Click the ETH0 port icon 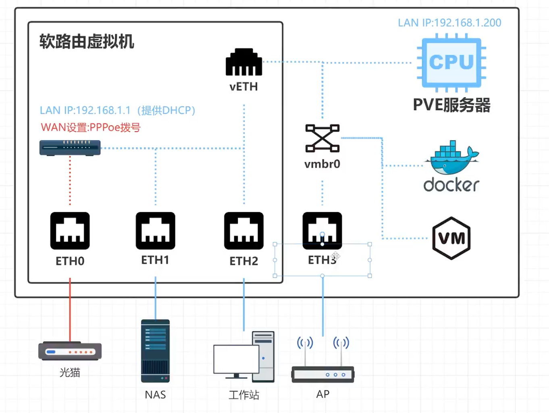coord(70,231)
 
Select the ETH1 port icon coord(155,231)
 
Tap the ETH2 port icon coord(243,231)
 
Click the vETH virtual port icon coord(244,62)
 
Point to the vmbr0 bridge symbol coord(322,138)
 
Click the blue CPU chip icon coord(451,63)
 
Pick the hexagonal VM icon coord(451,238)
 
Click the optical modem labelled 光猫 coord(70,351)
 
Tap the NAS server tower coord(155,351)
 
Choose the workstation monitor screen coord(236,359)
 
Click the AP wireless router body coord(322,374)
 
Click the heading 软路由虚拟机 coord(87,42)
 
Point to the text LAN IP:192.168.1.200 coord(449,23)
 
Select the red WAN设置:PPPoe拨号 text coord(91,127)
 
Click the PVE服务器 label coord(451,105)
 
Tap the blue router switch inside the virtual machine coord(70,148)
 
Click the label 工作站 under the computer coord(243,395)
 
